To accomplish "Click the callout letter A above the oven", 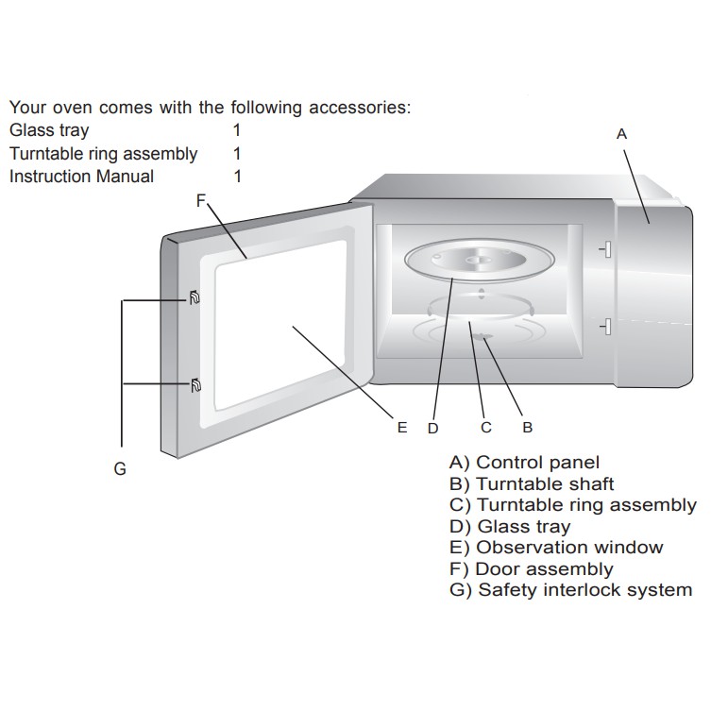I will click(621, 134).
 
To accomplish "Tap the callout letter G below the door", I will click(120, 468).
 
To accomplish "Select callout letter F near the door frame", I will click(200, 199).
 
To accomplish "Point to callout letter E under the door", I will click(402, 427).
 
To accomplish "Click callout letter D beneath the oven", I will click(433, 428).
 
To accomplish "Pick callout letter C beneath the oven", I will click(486, 427).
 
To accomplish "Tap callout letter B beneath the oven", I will click(528, 427).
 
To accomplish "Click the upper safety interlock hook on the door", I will click(195, 299).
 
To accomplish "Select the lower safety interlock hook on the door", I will click(195, 384).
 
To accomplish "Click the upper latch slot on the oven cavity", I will click(606, 248).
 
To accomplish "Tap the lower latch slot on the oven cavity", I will click(606, 327).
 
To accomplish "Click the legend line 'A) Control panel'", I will click(525, 463).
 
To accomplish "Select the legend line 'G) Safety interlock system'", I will click(571, 590).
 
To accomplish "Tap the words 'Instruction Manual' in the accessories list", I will click(81, 177).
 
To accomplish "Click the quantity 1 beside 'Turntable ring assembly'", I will click(237, 153).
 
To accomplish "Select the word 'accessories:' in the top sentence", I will click(360, 108).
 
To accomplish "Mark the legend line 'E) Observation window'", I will click(557, 548).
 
